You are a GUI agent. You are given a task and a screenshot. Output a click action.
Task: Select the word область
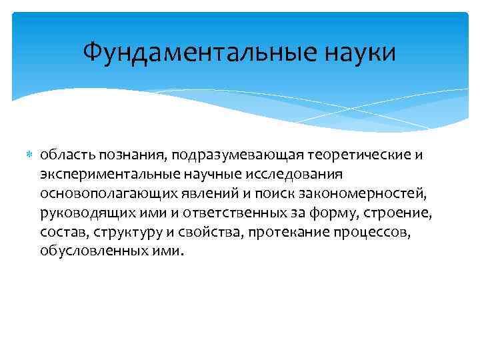click(x=66, y=155)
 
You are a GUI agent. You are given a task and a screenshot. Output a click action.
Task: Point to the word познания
click(x=131, y=155)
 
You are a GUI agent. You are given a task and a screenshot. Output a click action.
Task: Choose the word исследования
click(x=300, y=174)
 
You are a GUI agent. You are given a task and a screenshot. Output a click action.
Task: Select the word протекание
click(x=282, y=233)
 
